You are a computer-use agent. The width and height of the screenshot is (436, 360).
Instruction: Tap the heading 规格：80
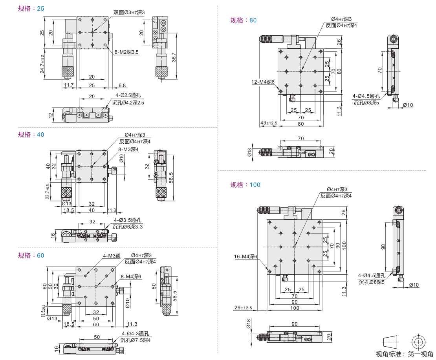tap(244, 20)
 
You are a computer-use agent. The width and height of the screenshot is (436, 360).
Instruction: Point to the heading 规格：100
tap(245, 185)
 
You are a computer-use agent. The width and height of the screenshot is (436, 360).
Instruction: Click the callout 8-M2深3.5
tap(127, 52)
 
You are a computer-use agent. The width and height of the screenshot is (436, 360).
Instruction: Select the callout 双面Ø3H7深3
tap(129, 13)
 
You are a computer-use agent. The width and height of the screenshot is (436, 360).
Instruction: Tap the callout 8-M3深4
tap(128, 149)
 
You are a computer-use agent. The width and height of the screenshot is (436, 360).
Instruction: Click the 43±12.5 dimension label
tap(269, 123)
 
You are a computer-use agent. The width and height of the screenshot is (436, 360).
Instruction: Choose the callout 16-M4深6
tap(245, 257)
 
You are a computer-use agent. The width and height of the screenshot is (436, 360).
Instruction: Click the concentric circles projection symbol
tap(418, 340)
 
